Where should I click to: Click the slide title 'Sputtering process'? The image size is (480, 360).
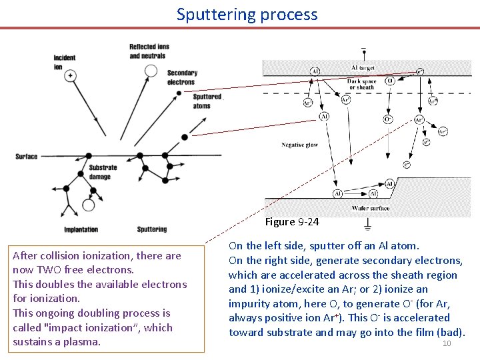tap(247, 15)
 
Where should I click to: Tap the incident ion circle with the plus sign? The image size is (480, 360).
tap(69, 76)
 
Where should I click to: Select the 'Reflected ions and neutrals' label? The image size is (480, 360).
tap(149, 51)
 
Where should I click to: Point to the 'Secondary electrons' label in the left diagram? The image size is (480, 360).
tap(181, 77)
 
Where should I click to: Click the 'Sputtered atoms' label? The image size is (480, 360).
tap(206, 101)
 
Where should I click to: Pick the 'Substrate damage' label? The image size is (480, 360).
tap(103, 171)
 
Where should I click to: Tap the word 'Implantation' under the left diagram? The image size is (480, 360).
tap(81, 229)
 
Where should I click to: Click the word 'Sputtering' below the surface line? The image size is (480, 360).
tap(151, 229)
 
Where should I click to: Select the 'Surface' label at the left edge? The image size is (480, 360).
tap(27, 157)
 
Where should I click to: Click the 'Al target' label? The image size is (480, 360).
tap(363, 68)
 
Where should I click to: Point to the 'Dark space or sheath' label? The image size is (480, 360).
tap(362, 84)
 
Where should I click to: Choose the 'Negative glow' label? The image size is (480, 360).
tap(299, 145)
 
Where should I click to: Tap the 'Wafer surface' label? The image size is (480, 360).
tap(370, 208)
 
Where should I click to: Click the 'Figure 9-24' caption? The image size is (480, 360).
tap(291, 221)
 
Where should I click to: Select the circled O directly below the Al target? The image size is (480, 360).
tap(390, 81)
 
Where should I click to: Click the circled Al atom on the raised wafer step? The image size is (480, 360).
tap(390, 183)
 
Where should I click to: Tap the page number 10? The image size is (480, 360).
tap(447, 343)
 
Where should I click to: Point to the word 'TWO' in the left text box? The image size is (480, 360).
tap(54, 270)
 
